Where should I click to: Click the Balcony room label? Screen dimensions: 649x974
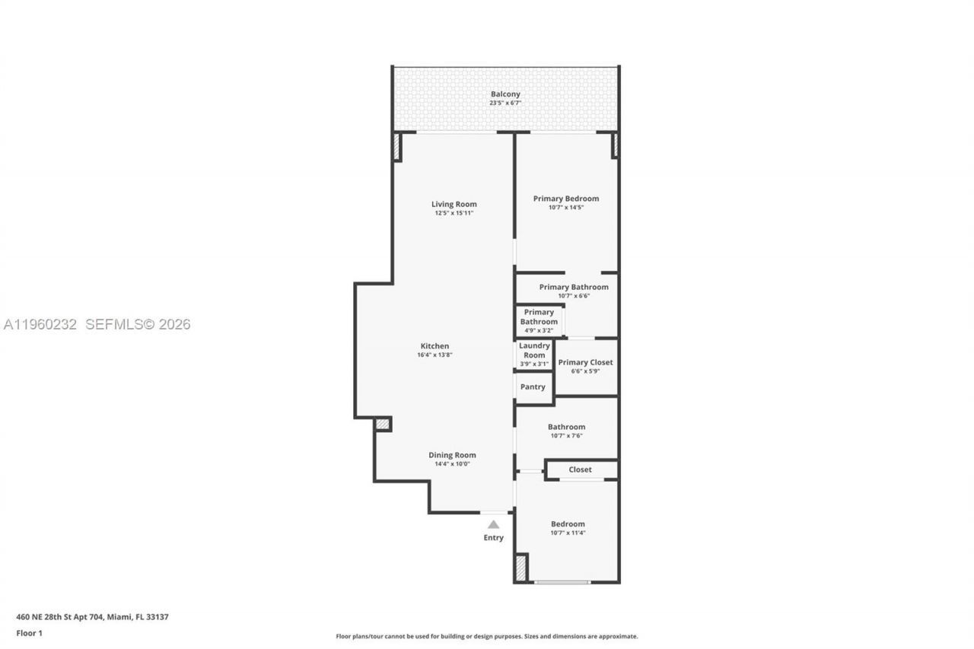505,94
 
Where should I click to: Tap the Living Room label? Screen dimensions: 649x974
454,204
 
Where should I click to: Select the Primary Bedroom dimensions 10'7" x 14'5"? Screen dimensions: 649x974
565,207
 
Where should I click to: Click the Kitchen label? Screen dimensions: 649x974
434,346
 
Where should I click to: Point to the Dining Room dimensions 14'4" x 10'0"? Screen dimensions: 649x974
452,463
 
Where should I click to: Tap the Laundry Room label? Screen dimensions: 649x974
534,350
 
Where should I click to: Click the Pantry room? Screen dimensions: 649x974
533,387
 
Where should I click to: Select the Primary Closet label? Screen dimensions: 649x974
585,362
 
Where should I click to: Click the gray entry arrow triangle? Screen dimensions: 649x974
493,524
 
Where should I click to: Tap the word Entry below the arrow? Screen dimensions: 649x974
493,538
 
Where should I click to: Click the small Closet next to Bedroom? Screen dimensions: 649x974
580,469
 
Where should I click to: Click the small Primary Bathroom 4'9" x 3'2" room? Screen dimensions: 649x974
539,321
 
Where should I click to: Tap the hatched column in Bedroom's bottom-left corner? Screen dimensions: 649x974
521,568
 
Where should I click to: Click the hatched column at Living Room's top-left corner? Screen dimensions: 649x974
396,146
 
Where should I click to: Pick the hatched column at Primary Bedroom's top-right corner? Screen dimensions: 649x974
615,145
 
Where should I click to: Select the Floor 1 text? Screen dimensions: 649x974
30,633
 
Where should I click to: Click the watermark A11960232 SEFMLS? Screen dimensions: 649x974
97,324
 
